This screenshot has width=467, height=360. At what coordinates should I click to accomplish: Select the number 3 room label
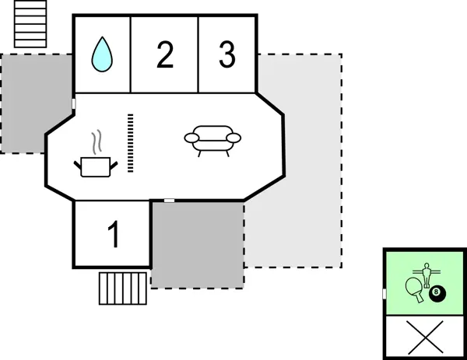point(226,55)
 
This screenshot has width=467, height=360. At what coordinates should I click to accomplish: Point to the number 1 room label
point(114,235)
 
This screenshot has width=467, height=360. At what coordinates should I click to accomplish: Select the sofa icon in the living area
point(212,141)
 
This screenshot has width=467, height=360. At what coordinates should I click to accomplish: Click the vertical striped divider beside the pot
point(131,143)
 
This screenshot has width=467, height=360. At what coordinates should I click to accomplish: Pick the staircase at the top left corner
point(30,24)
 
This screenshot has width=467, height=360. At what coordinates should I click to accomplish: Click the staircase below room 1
point(123,287)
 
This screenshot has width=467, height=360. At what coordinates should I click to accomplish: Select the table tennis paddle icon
point(415,289)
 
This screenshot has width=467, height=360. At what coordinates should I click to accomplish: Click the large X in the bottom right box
point(424,337)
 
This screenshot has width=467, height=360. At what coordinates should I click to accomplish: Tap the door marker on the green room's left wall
point(384,293)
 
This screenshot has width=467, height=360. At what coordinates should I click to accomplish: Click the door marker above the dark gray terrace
point(169,201)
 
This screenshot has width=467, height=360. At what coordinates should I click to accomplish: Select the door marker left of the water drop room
point(73,103)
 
